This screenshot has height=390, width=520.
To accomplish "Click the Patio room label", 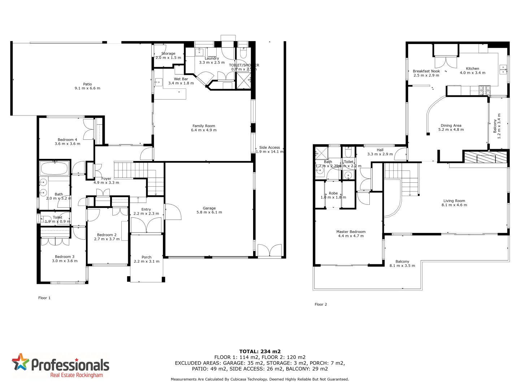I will click(87, 84).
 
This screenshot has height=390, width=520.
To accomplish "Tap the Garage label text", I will click(209, 208).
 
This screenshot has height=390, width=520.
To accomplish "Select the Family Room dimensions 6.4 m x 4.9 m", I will click(204, 130).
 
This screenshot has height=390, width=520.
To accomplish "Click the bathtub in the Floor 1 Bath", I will click(54, 168).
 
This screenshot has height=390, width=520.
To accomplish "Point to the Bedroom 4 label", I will click(67, 140).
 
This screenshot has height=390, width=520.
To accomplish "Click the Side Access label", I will click(269, 147).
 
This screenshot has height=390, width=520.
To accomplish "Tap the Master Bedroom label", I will click(351, 232).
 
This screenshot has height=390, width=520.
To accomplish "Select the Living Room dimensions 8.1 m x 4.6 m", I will click(454, 205).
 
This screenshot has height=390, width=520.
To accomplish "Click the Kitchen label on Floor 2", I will click(472, 69).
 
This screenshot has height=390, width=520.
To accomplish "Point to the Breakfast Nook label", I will click(426, 71).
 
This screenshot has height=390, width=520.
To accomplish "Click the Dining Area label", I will click(451, 125).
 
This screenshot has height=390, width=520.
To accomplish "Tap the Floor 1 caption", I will click(44, 298).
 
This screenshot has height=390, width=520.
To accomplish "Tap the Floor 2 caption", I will click(321, 304).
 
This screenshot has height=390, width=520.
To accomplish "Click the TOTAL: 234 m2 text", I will click(260, 351).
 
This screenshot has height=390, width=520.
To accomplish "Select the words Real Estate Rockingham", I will click(76, 376).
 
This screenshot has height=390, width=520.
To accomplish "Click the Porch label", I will click(146, 257).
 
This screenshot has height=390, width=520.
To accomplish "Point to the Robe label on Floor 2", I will click(333, 193).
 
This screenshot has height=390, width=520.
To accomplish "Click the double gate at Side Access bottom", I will click(269, 250).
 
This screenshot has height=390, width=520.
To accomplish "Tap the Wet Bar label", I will click(181, 79).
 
